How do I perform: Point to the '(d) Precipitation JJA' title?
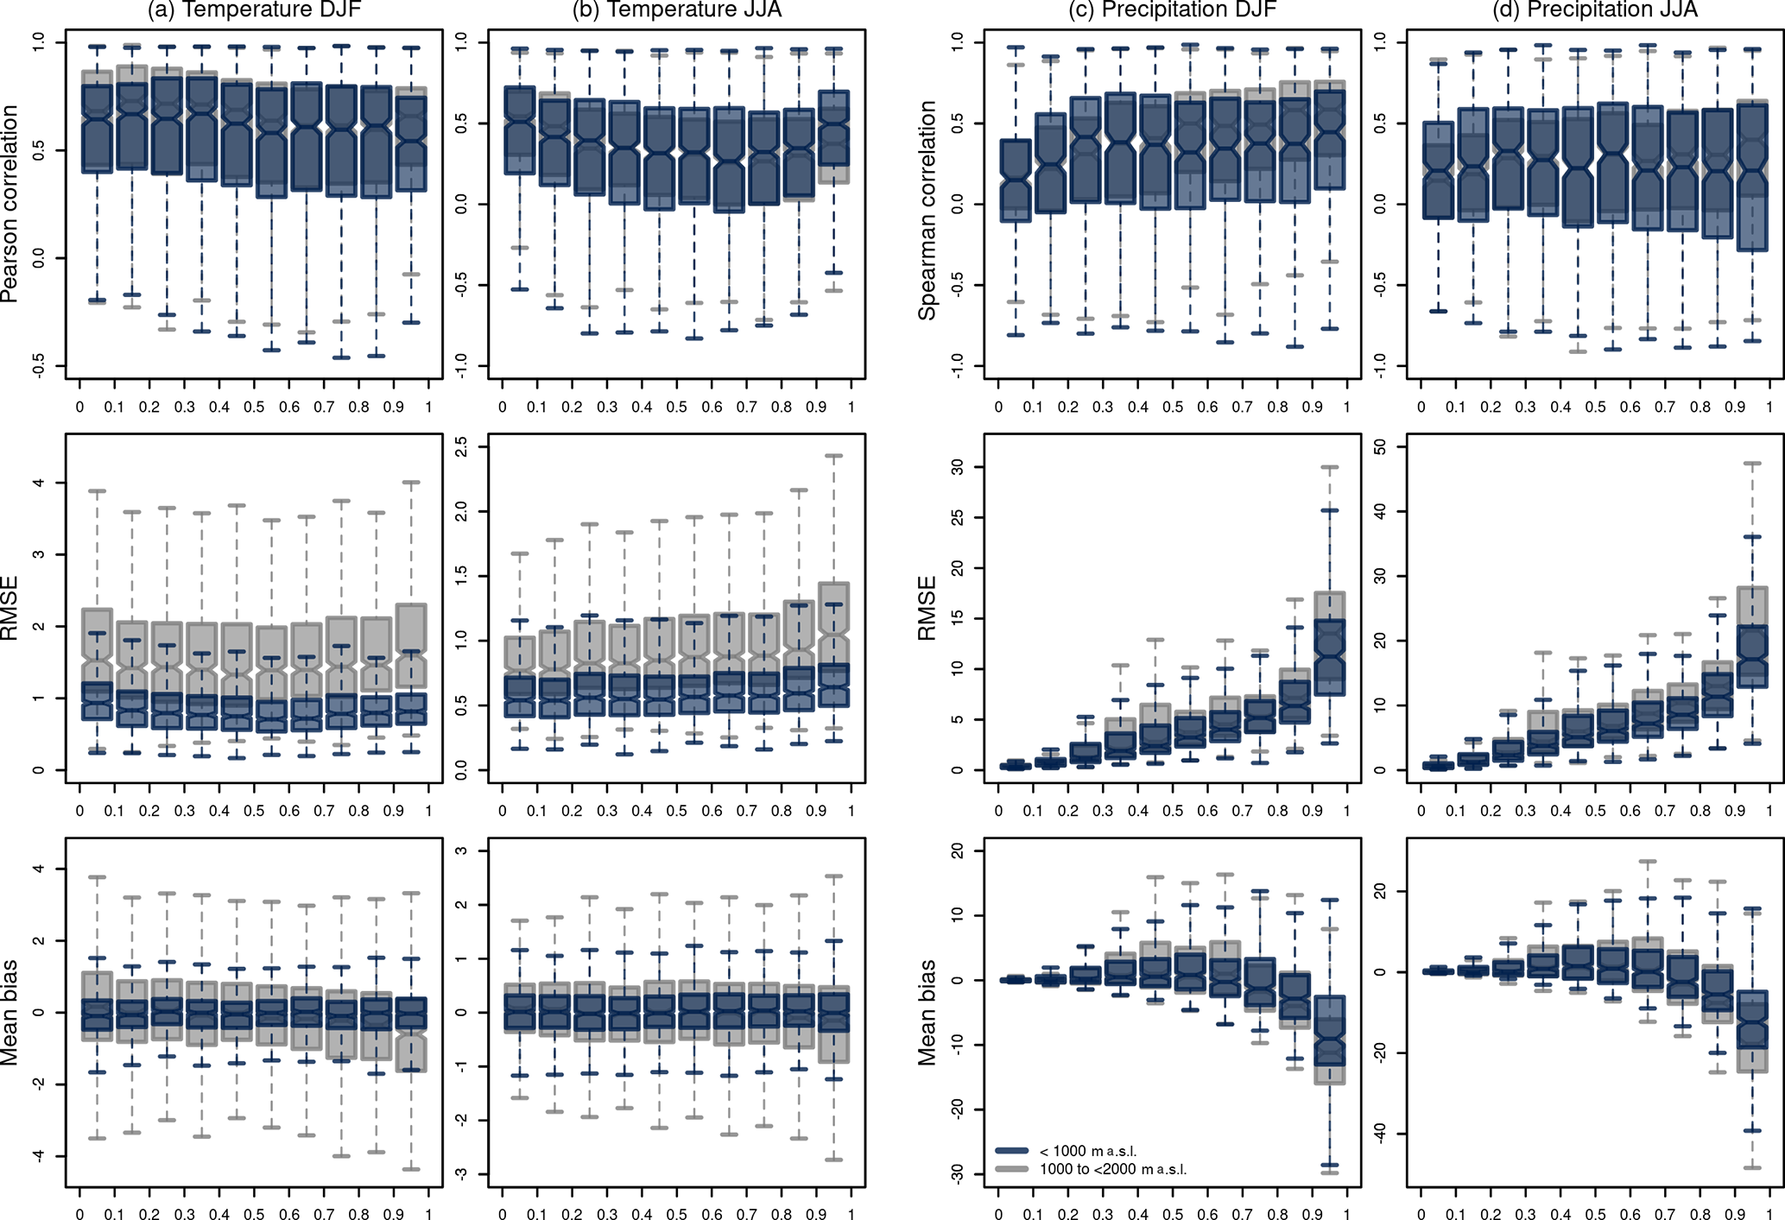tap(1595, 9)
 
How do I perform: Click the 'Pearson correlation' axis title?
tap(10, 204)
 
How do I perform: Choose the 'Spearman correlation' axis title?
tap(927, 211)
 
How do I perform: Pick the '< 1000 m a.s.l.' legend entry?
tap(1087, 1151)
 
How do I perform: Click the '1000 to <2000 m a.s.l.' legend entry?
tap(1112, 1170)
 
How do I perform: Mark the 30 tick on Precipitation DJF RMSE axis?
tap(957, 467)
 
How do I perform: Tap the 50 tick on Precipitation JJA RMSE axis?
tap(1379, 447)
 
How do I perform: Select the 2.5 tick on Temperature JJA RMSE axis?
tap(462, 447)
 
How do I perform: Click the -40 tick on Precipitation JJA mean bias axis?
tap(1379, 1134)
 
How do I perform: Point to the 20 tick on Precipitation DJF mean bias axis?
tap(957, 851)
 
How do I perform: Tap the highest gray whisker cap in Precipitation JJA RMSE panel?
tap(1751, 464)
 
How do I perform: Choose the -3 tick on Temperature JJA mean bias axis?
tap(462, 1173)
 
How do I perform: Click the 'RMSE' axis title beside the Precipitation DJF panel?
tap(927, 609)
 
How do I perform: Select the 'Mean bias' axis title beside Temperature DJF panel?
tap(10, 1012)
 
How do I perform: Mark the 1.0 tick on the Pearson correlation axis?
tap(39, 42)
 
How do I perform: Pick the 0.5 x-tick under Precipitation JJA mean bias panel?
tap(1595, 1215)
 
